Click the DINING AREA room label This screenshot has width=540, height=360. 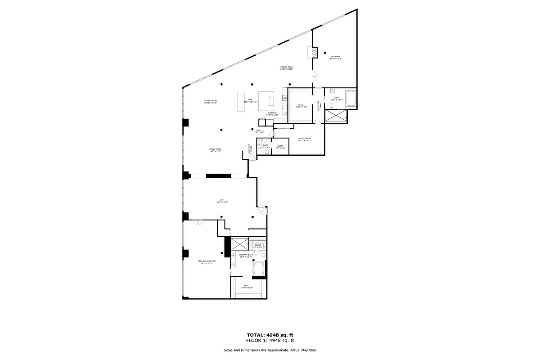[287, 68]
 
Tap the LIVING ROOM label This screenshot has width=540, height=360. [210, 102]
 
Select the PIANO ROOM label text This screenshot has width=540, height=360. [215, 150]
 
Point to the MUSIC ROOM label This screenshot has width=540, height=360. [304, 139]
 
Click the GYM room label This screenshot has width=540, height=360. [222, 201]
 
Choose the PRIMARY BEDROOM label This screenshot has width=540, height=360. [207, 262]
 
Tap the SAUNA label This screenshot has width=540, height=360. [257, 246]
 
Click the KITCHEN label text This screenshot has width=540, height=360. [272, 114]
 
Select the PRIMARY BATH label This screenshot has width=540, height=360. [240, 256]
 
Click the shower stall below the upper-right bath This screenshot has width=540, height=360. [336, 115]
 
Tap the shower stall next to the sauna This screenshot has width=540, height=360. [239, 244]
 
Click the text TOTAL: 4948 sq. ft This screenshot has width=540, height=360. [270, 335]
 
